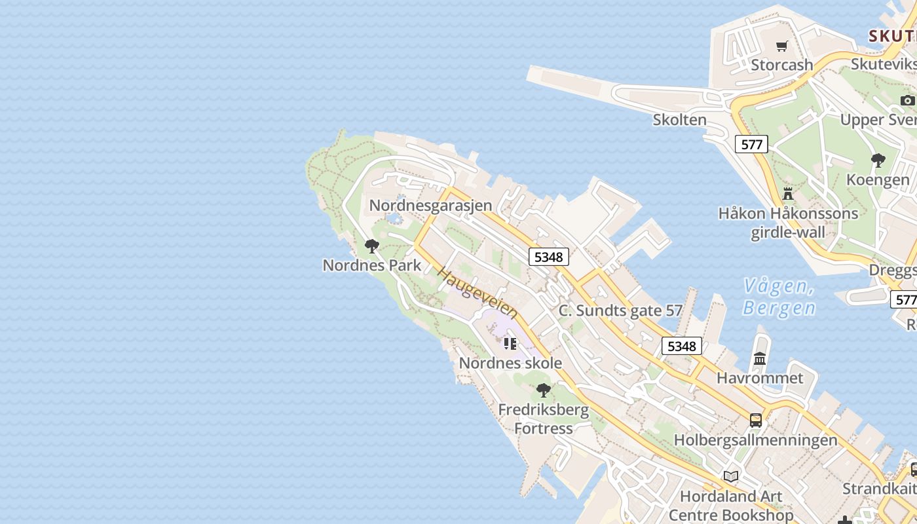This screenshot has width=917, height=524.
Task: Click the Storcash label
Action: click(781, 65)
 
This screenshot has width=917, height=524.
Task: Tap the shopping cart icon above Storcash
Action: click(781, 47)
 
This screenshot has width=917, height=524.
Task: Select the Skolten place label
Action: click(679, 120)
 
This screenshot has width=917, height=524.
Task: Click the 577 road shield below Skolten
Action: click(751, 144)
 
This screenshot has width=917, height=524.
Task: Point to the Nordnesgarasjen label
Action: click(430, 205)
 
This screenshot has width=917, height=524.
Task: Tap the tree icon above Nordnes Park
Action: click(372, 246)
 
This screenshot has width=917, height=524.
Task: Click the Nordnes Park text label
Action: click(372, 265)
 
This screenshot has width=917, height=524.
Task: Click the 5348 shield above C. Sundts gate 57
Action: click(548, 257)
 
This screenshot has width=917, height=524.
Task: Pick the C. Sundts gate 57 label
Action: click(620, 311)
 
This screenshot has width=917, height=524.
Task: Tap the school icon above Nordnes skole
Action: click(510, 344)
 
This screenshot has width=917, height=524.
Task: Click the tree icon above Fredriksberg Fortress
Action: click(544, 391)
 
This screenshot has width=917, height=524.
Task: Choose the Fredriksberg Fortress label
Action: click(544, 419)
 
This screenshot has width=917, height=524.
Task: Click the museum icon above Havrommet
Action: click(760, 359)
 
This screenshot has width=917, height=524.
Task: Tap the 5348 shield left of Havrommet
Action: click(681, 346)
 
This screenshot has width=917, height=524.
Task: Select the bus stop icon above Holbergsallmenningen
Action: click(756, 421)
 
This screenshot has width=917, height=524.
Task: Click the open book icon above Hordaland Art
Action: click(731, 477)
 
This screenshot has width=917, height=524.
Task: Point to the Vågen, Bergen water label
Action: click(779, 297)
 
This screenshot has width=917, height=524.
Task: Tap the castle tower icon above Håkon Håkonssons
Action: click(788, 194)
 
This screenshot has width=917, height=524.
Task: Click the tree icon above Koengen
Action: click(878, 160)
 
